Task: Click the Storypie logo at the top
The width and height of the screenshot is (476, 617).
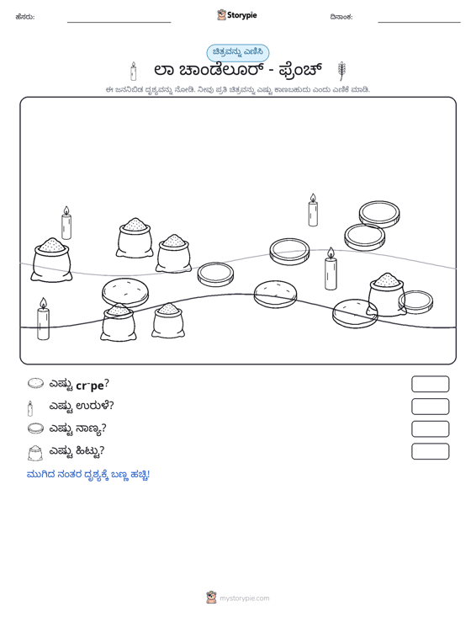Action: (x=237, y=15)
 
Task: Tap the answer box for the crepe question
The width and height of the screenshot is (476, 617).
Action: (x=430, y=384)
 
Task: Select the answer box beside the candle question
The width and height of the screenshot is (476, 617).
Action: (x=430, y=407)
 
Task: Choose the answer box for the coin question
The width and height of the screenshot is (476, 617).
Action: (x=430, y=429)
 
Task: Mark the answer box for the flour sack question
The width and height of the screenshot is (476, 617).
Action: (x=430, y=451)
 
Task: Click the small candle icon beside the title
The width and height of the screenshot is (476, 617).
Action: (x=133, y=72)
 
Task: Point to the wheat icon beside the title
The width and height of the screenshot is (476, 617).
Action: (x=341, y=72)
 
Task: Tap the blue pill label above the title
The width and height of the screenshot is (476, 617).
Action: (x=238, y=53)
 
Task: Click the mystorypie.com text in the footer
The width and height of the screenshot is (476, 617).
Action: (x=245, y=598)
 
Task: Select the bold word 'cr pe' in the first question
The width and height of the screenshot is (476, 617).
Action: (x=90, y=386)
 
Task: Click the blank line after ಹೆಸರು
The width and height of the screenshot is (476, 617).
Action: (x=119, y=22)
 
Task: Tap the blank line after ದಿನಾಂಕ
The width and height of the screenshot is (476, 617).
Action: (x=419, y=22)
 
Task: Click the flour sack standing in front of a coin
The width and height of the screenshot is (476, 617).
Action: (x=386, y=295)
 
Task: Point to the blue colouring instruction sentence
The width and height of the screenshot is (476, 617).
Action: (x=88, y=475)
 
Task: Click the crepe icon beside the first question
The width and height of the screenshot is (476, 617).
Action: (x=36, y=383)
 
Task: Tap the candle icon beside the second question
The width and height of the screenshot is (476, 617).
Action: (x=30, y=408)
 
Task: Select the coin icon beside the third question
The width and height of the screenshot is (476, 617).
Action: (x=36, y=428)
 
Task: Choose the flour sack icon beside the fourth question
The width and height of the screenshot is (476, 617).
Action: (x=35, y=453)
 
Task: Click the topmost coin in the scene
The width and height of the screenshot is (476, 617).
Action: (x=379, y=213)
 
